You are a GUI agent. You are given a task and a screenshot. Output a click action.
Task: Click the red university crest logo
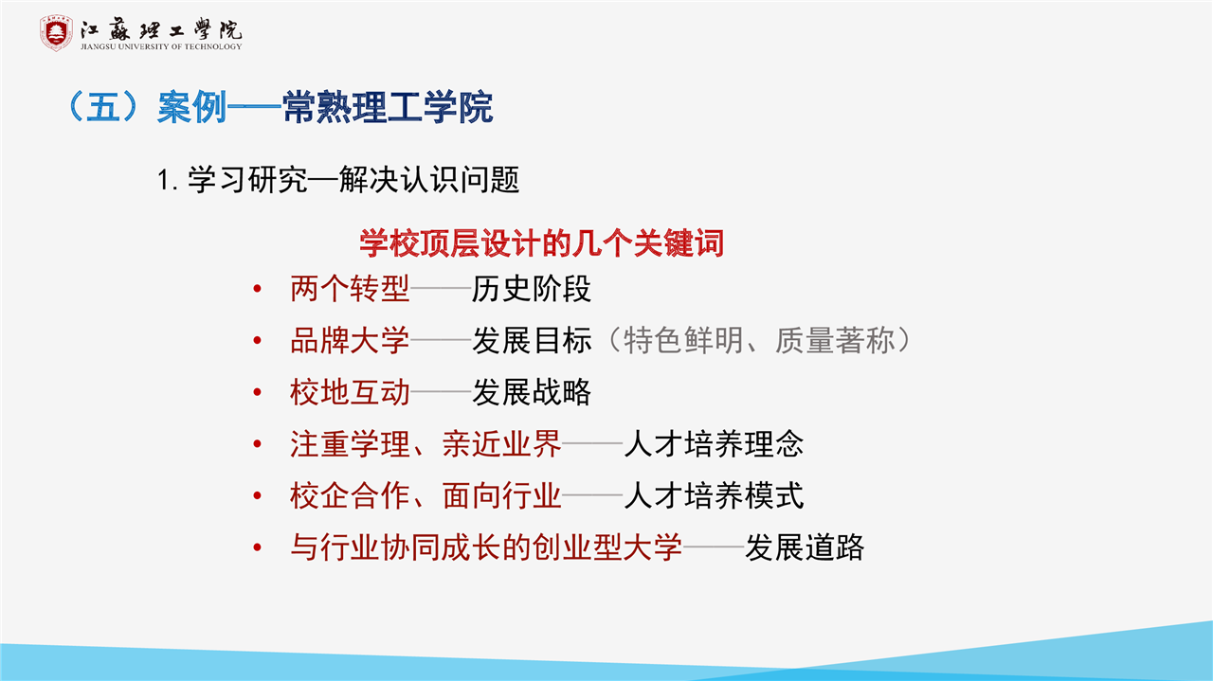pyautogui.click(x=56, y=33)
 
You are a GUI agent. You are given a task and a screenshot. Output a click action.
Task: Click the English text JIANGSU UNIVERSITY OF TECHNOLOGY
pyautogui.click(x=161, y=46)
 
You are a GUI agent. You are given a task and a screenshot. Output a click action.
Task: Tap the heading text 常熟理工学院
pyautogui.click(x=388, y=107)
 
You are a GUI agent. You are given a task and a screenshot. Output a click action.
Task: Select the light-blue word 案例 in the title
pyautogui.click(x=192, y=107)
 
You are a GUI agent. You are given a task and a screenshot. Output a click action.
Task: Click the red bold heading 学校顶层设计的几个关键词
pyautogui.click(x=541, y=243)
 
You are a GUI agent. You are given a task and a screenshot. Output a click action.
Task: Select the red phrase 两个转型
pyautogui.click(x=350, y=289)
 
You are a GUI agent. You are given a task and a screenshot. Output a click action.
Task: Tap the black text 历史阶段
pyautogui.click(x=532, y=289)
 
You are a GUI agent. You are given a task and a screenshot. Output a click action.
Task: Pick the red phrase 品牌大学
pyautogui.click(x=350, y=341)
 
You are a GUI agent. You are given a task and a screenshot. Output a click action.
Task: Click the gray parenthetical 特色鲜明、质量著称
pyautogui.click(x=759, y=341)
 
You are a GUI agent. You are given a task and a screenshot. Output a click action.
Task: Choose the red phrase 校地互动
pyautogui.click(x=350, y=392)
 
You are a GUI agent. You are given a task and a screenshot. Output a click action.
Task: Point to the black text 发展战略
pyautogui.click(x=532, y=392)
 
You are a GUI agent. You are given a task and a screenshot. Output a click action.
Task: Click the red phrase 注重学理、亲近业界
pyautogui.click(x=425, y=444)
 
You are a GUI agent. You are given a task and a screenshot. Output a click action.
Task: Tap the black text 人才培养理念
pyautogui.click(x=714, y=444)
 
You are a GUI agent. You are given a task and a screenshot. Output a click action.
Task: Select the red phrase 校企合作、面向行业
pyautogui.click(x=425, y=496)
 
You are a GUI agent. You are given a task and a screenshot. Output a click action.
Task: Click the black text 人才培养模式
pyautogui.click(x=714, y=496)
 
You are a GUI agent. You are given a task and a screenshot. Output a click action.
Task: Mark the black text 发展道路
pyautogui.click(x=805, y=547)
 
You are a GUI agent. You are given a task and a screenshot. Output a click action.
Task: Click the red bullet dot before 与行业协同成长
pyautogui.click(x=258, y=547)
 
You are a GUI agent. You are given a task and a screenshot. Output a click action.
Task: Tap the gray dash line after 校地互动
pyautogui.click(x=441, y=392)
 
